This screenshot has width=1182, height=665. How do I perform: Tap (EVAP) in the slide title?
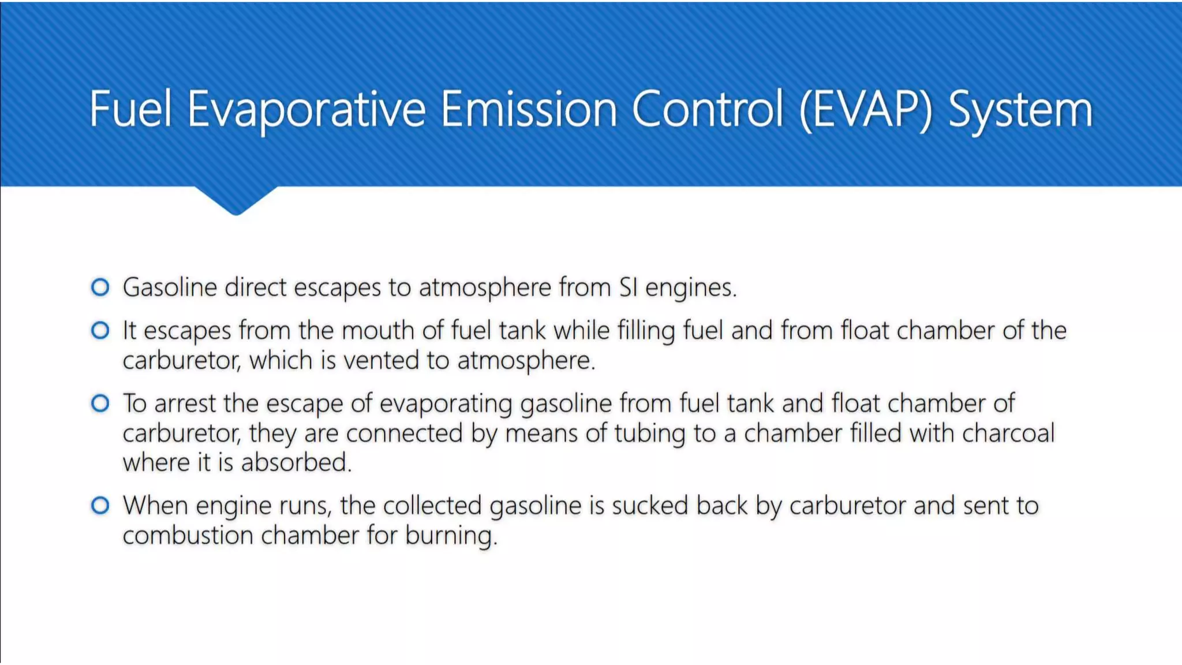(x=866, y=110)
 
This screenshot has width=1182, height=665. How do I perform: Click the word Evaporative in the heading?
(x=306, y=110)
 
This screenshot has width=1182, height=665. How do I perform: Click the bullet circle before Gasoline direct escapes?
(x=100, y=287)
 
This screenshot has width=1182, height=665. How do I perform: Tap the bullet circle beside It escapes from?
(x=100, y=330)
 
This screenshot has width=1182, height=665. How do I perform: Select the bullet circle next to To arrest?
(x=100, y=403)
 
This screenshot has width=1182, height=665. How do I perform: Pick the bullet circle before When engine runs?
(x=100, y=506)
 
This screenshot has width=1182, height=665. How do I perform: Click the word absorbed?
(x=295, y=462)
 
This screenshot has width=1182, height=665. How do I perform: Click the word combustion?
(x=188, y=535)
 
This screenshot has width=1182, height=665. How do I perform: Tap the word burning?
(x=450, y=536)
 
